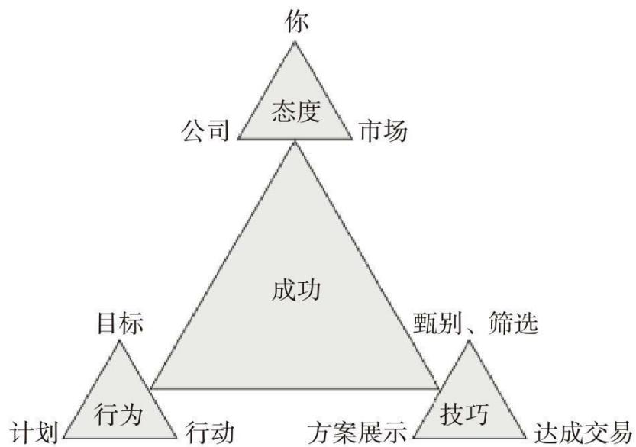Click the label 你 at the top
coord(296,21)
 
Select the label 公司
coord(205,131)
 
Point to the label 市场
coord(383,131)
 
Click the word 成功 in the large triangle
coord(295,290)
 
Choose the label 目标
coord(120,323)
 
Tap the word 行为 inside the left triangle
coord(118,414)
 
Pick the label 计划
coord(34,433)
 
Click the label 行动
coord(210,433)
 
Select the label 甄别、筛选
coord(476,323)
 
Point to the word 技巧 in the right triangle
coord(464,414)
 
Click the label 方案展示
coord(357,433)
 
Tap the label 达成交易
coord(583,433)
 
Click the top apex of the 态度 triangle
coord(295,42)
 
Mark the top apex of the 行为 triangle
coord(120,341)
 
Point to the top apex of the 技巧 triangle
coord(470,341)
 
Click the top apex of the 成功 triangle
coord(295,143)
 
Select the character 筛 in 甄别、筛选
coord(501,323)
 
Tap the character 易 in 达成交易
coord(620,433)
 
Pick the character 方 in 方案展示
coord(319,433)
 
